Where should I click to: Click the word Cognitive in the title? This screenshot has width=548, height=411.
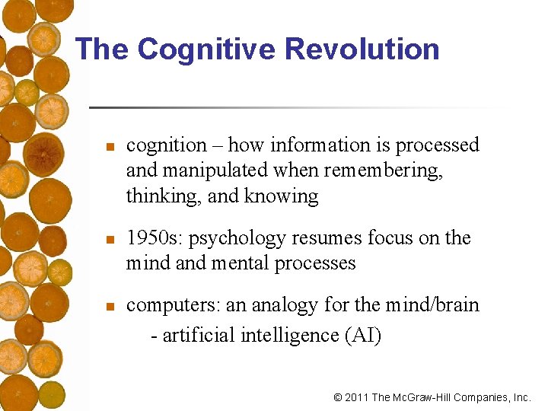205,49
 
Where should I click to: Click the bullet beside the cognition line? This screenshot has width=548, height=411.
110,146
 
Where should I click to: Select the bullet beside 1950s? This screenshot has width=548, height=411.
110,240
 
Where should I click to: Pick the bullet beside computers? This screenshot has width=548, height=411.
110,307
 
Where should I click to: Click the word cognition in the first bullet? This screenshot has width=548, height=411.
167,145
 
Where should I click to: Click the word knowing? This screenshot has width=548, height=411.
282,196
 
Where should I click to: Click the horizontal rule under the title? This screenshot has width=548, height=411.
297,107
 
